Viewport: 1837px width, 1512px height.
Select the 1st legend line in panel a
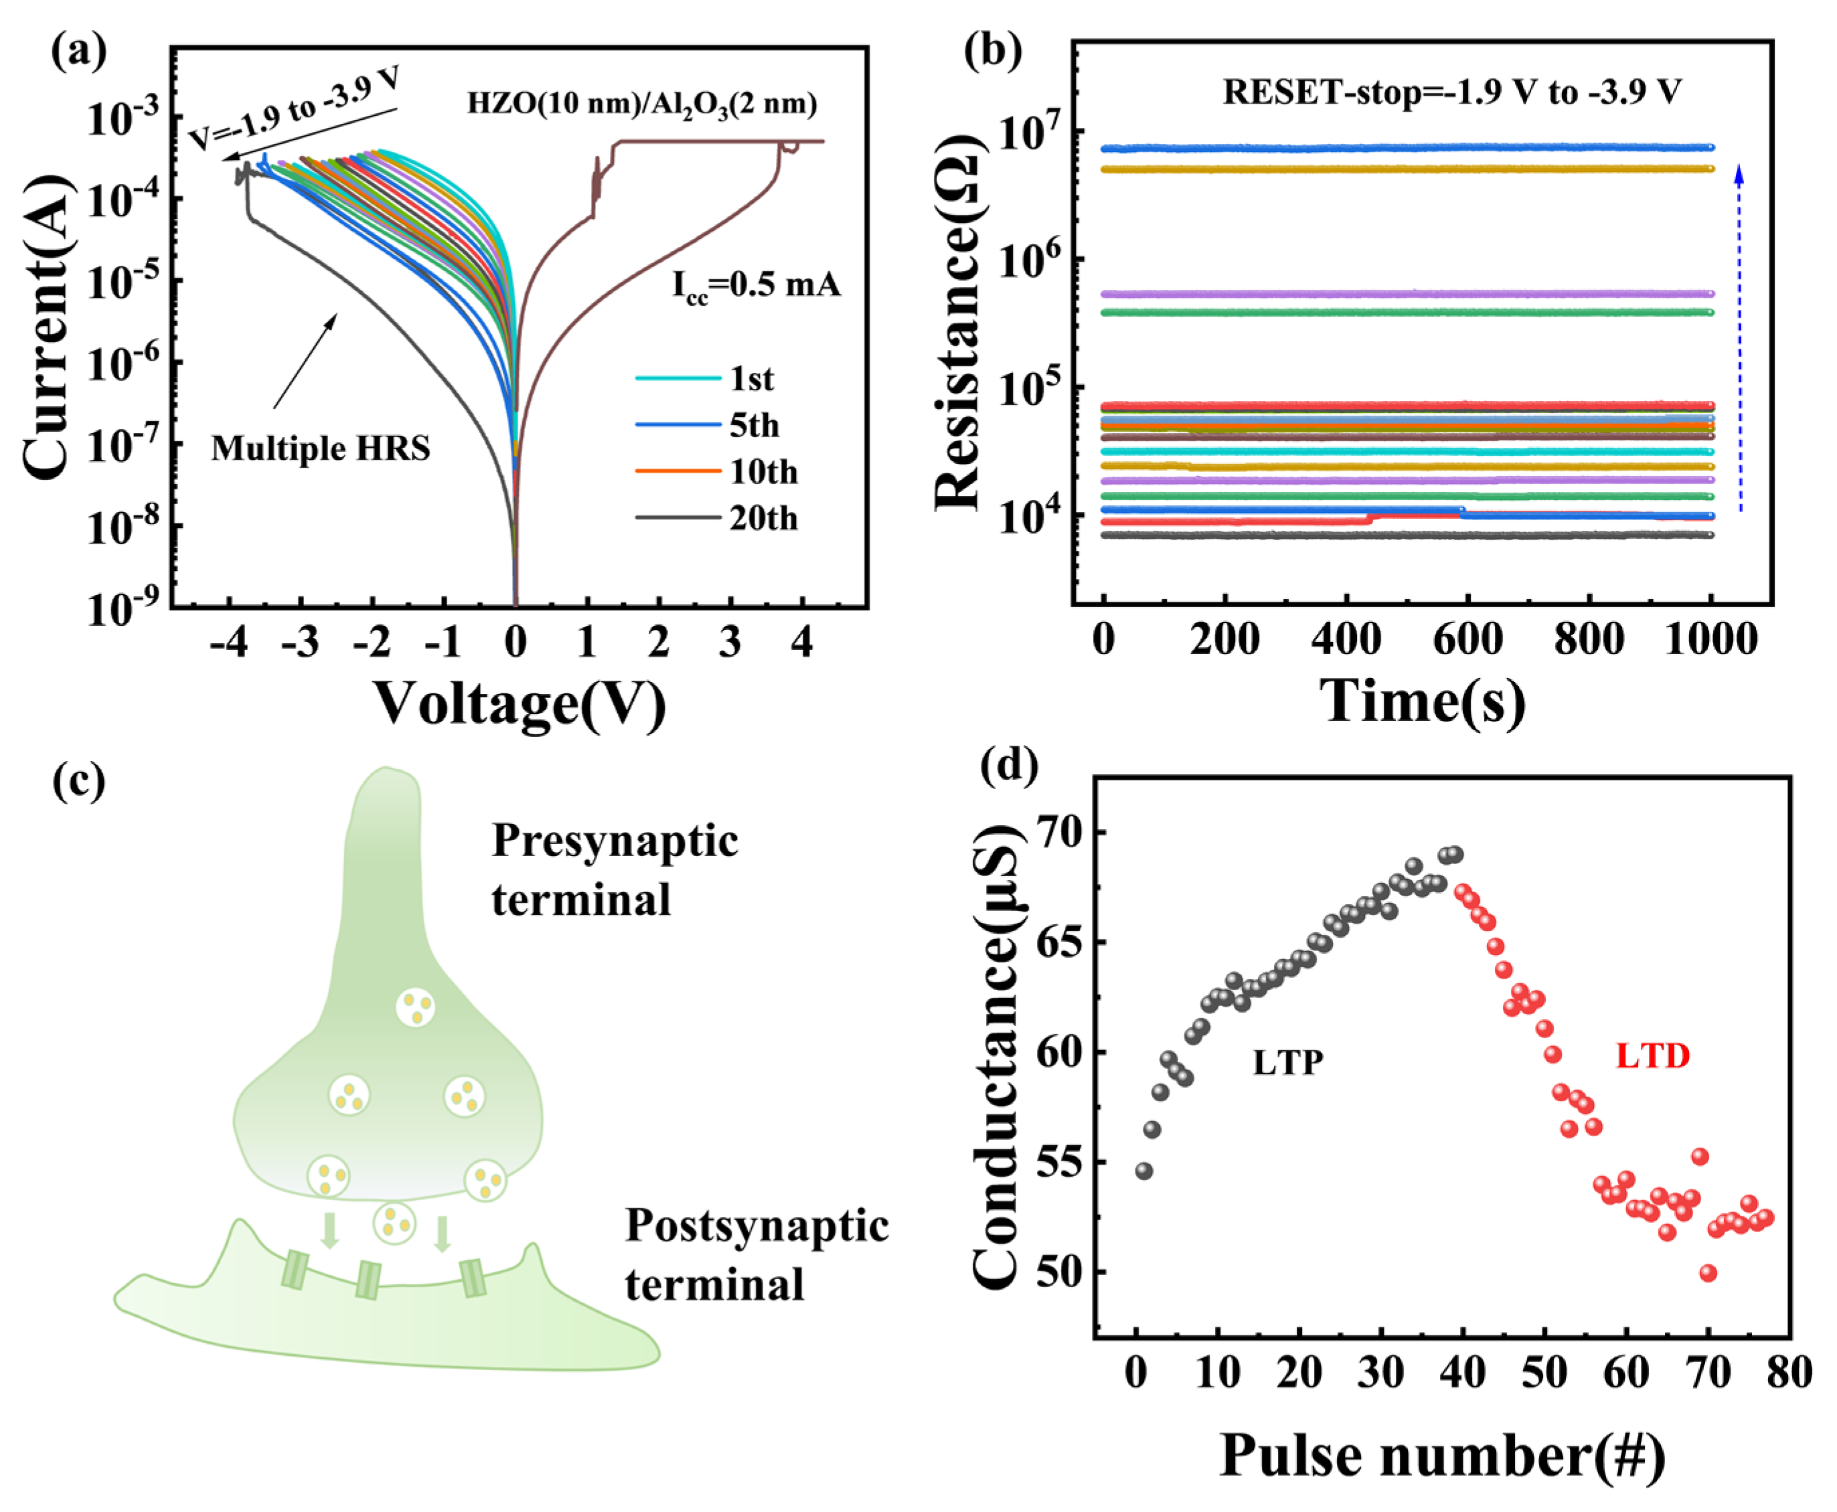[x=677, y=379]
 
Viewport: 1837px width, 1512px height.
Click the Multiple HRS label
[x=321, y=448]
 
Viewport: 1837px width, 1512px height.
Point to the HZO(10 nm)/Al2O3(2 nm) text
[x=642, y=104]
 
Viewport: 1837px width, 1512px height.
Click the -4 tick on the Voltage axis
[x=229, y=643]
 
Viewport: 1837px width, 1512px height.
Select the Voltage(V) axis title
[x=520, y=703]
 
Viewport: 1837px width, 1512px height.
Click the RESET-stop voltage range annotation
[x=1451, y=92]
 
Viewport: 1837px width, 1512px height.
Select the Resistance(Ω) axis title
[x=958, y=322]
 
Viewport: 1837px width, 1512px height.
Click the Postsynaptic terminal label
[x=756, y=1254]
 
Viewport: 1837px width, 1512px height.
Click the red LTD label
[x=1652, y=1056]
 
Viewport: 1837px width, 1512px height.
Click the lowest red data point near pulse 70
[x=1708, y=1273]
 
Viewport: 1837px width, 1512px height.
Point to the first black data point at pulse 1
[x=1143, y=1171]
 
